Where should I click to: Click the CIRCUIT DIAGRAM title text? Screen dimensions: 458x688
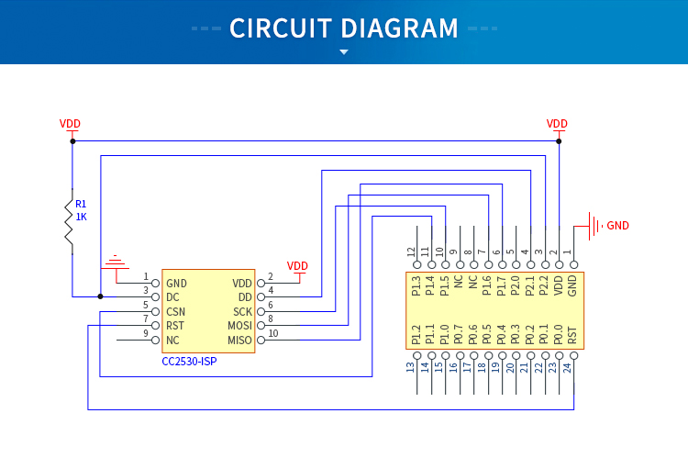(x=344, y=28)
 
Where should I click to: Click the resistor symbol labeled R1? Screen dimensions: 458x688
(x=69, y=220)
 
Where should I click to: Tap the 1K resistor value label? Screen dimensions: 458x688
(x=82, y=218)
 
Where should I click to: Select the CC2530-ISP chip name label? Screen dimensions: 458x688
(x=189, y=362)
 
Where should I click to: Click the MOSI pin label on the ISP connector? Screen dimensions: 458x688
(x=239, y=326)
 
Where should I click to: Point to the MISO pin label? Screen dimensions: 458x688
(x=239, y=341)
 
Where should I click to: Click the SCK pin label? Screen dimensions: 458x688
(x=242, y=312)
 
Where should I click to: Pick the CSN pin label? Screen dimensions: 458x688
(x=177, y=312)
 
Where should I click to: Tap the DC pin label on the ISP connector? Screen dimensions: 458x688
(x=172, y=297)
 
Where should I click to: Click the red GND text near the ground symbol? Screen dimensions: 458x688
(x=618, y=226)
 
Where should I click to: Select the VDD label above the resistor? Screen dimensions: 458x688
(x=70, y=124)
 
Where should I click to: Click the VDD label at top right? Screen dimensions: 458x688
(x=557, y=124)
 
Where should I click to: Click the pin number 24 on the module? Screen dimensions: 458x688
(x=573, y=367)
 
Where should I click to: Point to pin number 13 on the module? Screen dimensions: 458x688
(x=411, y=367)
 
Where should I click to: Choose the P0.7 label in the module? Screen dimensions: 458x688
(x=459, y=334)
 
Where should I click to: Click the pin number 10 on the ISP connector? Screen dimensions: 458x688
(x=272, y=333)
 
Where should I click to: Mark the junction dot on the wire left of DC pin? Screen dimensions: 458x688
(x=101, y=296)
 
